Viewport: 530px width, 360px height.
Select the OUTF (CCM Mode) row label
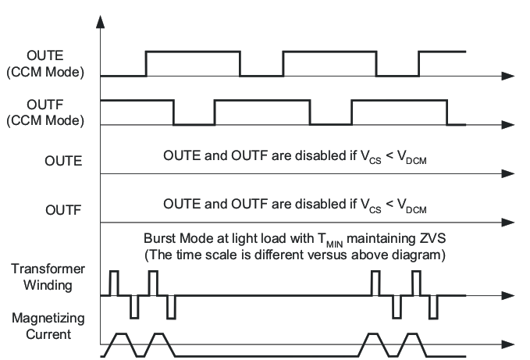53,113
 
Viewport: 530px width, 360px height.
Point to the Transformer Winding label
48,276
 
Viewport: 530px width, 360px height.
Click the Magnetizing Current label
48,328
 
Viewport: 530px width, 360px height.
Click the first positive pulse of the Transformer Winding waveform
114,283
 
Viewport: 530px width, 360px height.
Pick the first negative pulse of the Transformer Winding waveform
133,307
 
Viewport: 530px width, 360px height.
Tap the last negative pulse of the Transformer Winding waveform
433,307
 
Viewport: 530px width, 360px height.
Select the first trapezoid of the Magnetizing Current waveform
120,343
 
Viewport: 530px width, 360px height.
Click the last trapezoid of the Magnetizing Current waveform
410,343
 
